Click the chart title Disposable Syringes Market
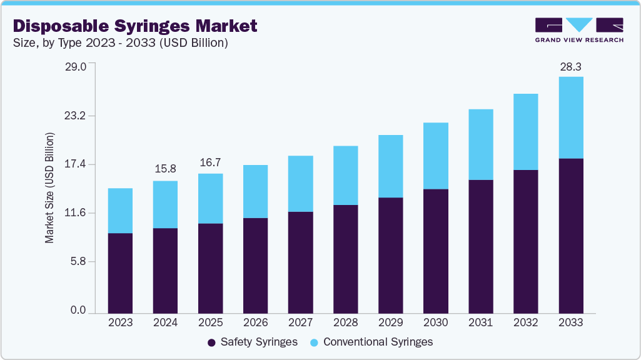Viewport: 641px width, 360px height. [x=135, y=26]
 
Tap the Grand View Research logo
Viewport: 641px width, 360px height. [x=578, y=30]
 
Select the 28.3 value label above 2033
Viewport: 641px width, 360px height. [x=570, y=66]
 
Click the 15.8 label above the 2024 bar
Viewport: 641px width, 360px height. [x=165, y=169]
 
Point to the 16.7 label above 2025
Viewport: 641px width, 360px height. [x=210, y=162]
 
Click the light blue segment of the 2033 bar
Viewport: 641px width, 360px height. [x=570, y=117]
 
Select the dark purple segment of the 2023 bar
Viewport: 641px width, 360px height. [x=120, y=273]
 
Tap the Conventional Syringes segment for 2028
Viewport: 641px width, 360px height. [x=345, y=176]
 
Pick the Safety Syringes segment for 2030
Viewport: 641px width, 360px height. [x=435, y=251]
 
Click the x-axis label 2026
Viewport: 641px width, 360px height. [x=255, y=323]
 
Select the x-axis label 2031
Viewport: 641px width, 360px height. [x=480, y=323]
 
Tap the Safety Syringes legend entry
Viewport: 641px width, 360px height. [x=252, y=342]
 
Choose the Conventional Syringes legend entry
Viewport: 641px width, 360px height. [x=371, y=342]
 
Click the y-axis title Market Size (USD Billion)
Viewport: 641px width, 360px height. [x=49, y=188]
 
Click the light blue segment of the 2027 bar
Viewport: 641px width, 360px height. [x=300, y=184]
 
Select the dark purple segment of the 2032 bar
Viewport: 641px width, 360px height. [x=525, y=241]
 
